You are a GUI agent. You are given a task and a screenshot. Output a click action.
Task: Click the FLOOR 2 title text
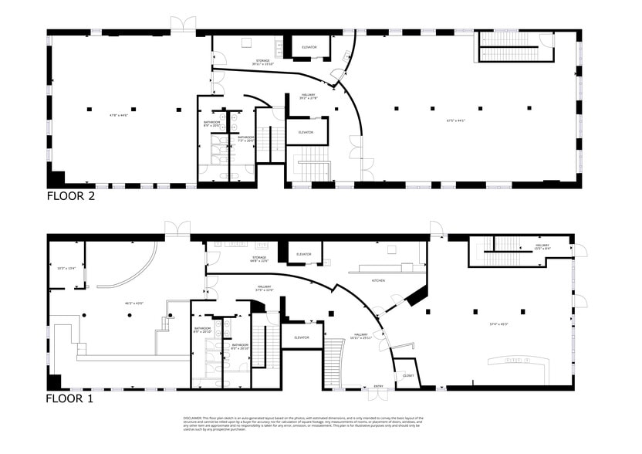pos(71,196)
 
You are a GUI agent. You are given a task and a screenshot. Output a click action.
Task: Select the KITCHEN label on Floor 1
pos(379,280)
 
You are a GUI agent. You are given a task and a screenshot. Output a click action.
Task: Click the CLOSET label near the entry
pos(408,376)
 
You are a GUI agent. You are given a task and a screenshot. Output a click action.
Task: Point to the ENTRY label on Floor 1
pos(378,386)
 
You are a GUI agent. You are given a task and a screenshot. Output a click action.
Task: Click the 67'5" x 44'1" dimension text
pos(458,120)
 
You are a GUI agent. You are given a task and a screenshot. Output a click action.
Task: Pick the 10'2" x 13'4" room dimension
pos(66,269)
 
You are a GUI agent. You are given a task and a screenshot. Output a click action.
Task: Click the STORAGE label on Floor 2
pos(262,61)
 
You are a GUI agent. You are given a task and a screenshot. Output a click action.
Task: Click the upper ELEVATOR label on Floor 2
pos(309,48)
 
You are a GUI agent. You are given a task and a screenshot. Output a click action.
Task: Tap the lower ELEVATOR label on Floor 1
pos(301,337)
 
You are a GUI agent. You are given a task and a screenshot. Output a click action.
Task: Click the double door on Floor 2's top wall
pos(184,24)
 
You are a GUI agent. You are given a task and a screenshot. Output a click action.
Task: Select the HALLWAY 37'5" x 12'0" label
pos(265,289)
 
